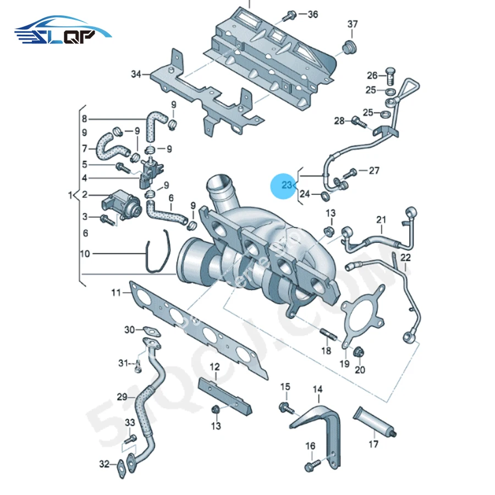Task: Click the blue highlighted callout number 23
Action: tap(287, 186)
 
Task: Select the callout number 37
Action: tap(352, 24)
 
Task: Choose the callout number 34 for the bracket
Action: tap(136, 74)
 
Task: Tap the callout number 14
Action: tap(318, 390)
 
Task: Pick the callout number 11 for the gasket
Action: tap(116, 293)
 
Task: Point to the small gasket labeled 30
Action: tap(150, 331)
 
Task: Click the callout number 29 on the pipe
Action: tap(122, 397)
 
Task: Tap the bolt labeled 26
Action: tap(391, 72)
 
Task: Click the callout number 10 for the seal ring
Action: tap(84, 254)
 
